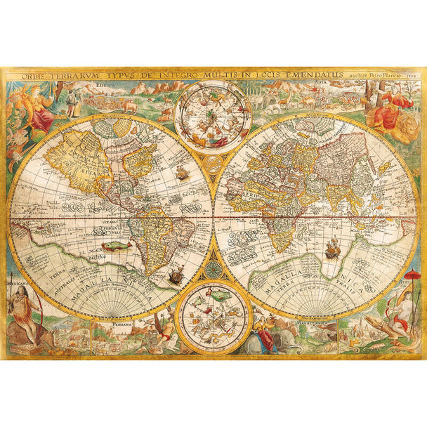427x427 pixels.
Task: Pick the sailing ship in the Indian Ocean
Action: click(332, 249)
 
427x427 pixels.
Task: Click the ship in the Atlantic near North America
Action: click(182, 171)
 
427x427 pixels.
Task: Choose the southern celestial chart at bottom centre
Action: click(213, 316)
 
